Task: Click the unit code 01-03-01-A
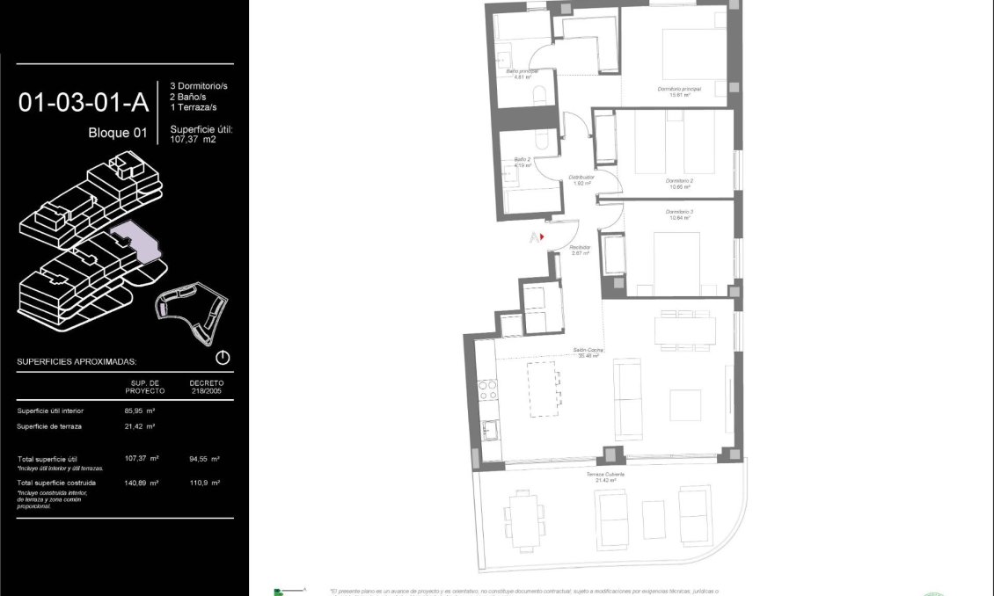click(83, 103)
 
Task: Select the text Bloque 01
click(117, 134)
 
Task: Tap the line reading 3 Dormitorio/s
click(199, 85)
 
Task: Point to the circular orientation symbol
click(223, 358)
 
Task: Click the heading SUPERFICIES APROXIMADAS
click(77, 361)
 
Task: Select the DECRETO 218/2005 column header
click(206, 387)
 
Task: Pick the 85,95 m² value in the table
click(141, 411)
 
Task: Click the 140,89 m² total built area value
click(142, 483)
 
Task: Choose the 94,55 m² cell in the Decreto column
click(204, 459)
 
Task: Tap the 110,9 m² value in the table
click(204, 483)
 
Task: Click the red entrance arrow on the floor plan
click(542, 236)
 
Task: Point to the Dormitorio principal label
click(679, 91)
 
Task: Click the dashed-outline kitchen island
click(544, 389)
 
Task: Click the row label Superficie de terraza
click(49, 426)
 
